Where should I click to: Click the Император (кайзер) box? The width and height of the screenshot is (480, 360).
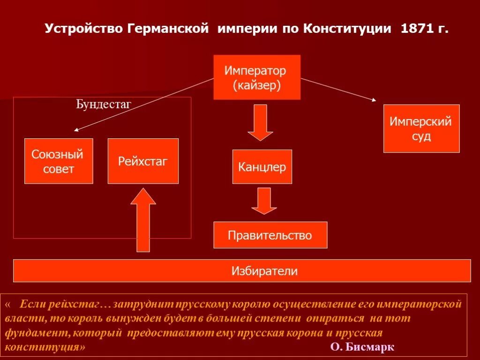pyautogui.click(x=256, y=77)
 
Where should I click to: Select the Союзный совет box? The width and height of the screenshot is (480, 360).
pyautogui.click(x=59, y=161)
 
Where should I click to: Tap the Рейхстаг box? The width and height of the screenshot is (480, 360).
pyautogui.click(x=143, y=161)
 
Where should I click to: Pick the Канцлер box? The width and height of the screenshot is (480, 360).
pyautogui.click(x=262, y=166)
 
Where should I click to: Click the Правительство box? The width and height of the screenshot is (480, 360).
pyautogui.click(x=270, y=235)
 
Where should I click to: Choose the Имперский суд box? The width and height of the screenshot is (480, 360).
pyautogui.click(x=421, y=128)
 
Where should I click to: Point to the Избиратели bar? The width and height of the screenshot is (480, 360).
pyautogui.click(x=242, y=270)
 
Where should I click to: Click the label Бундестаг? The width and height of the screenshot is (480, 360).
pyautogui.click(x=104, y=104)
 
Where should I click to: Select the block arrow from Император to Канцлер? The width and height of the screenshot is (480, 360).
pyautogui.click(x=260, y=122)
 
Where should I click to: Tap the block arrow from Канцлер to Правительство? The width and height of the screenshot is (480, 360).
pyautogui.click(x=264, y=201)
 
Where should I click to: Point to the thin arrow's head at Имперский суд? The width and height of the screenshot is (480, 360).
pyautogui.click(x=374, y=99)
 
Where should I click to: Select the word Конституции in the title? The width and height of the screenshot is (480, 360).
pyautogui.click(x=347, y=29)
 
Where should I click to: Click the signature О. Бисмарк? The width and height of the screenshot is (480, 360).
pyautogui.click(x=362, y=347)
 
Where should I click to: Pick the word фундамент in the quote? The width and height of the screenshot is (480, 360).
pyautogui.click(x=33, y=333)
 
